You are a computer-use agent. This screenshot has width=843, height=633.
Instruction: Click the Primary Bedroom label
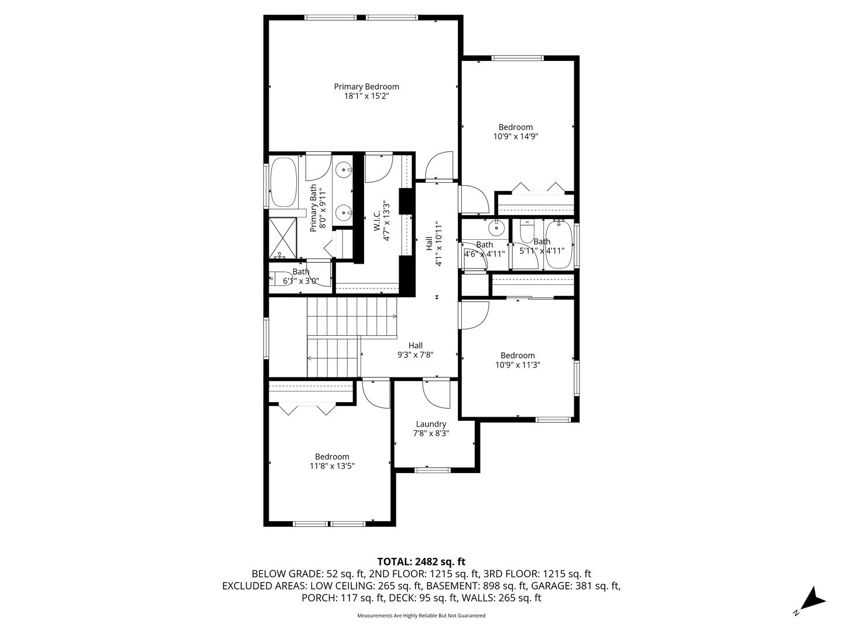point(366,87)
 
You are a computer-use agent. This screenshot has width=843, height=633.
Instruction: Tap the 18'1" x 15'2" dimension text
point(366,96)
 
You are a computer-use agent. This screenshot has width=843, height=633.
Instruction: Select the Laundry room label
point(431,424)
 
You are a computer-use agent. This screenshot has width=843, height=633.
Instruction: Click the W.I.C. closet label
point(378,217)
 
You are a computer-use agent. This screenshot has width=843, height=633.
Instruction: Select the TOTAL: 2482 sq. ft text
point(421,561)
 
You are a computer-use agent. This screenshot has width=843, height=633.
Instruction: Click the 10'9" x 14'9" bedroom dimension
point(516,137)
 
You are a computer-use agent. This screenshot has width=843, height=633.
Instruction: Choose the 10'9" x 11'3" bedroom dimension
point(518,365)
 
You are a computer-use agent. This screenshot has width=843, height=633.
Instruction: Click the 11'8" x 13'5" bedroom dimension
point(332,466)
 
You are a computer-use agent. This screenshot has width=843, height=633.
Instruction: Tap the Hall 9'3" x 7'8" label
point(416,350)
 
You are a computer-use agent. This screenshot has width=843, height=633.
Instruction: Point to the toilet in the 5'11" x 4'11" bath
point(527,232)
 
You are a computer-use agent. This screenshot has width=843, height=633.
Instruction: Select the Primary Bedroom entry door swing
point(438,165)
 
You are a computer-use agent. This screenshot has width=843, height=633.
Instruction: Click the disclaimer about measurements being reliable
point(421,616)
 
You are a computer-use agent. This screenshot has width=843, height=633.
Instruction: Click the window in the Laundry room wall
point(433,469)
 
